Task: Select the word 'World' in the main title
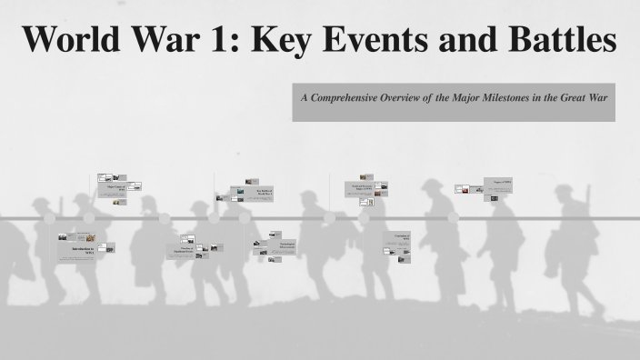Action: click(75, 41)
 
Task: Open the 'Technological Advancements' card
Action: click(283, 246)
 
